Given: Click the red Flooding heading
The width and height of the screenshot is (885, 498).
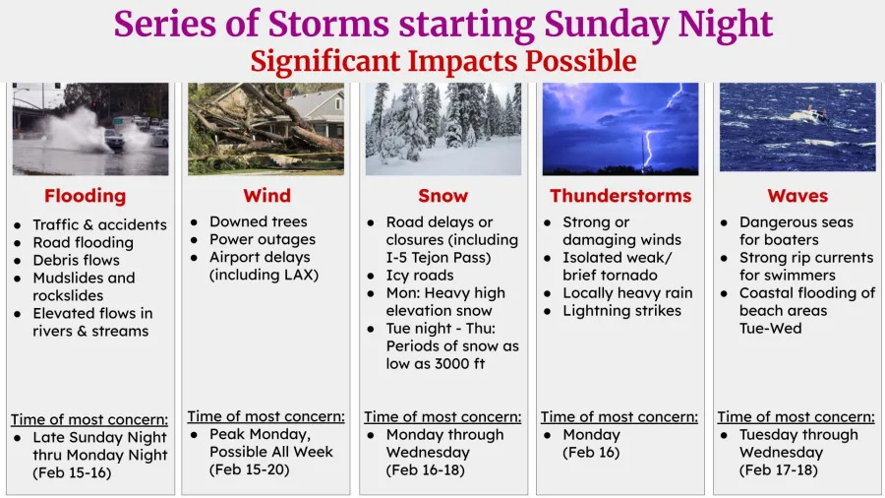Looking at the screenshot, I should (86, 195).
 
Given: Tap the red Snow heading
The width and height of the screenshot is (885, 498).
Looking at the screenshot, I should (442, 195).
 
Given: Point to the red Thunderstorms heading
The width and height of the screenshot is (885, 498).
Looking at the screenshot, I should (619, 195).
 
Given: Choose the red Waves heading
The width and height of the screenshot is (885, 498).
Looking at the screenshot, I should (797, 195).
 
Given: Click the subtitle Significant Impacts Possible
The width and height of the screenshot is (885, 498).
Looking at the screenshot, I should (442, 61).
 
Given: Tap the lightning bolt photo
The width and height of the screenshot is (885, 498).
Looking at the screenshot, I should (620, 128).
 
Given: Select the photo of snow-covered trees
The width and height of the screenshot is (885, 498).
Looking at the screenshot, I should (442, 128).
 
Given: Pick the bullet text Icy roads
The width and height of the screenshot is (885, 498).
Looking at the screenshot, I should (420, 275).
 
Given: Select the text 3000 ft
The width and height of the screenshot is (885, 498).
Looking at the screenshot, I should (459, 363).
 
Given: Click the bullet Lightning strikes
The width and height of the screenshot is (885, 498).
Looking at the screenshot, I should (621, 310).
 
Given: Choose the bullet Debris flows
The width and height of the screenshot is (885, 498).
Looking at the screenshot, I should (76, 260).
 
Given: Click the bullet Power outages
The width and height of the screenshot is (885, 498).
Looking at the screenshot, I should (263, 239).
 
